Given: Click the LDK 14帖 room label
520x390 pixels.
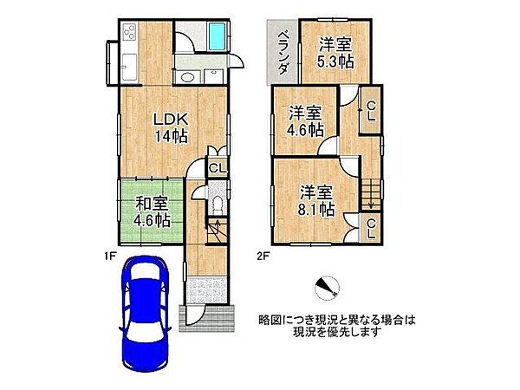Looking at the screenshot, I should coord(172,127).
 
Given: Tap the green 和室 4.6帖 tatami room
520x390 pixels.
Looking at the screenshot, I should coord(152,212).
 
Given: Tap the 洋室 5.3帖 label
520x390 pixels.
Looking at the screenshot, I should coord(334,52).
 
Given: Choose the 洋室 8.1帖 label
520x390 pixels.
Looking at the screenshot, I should coord(316,199).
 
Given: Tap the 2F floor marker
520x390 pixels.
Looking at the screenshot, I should coord(261,254).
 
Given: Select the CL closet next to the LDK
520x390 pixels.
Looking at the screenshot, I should coord(218,168).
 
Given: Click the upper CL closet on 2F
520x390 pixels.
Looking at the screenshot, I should coord(370,111).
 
